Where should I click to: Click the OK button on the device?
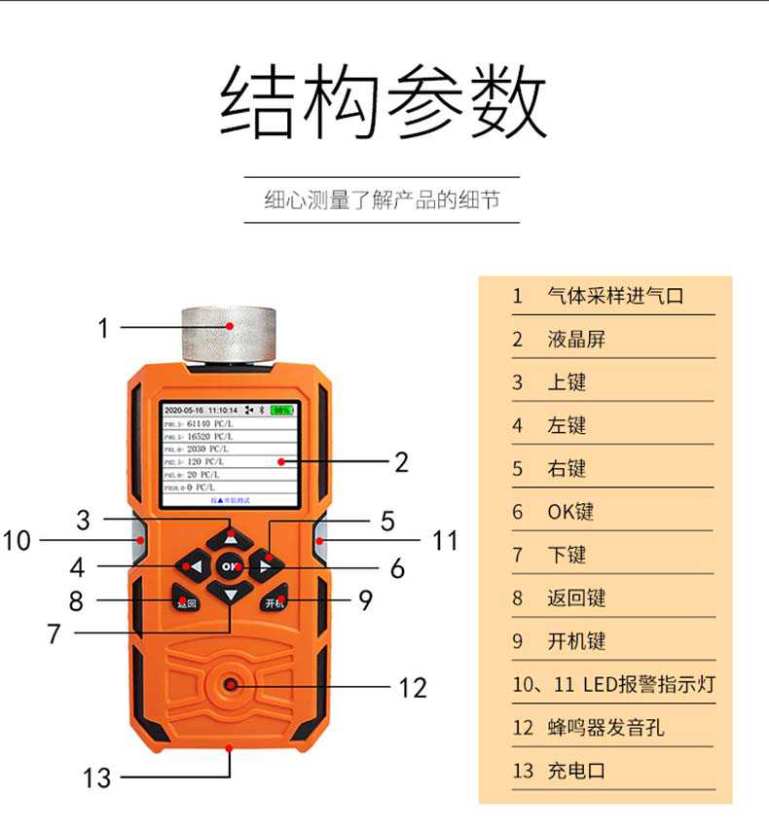[x=231, y=565]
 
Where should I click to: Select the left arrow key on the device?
[x=191, y=565]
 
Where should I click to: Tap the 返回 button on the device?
[x=186, y=601]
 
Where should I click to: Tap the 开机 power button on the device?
[x=275, y=601]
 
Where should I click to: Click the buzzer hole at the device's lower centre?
[x=231, y=686]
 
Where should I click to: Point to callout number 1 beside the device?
[x=103, y=328]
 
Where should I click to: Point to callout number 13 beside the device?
[x=97, y=777]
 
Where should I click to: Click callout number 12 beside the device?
[x=413, y=688]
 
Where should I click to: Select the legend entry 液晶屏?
[x=575, y=339]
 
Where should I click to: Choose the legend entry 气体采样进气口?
[x=615, y=296]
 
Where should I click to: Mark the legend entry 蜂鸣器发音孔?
[x=604, y=727]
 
